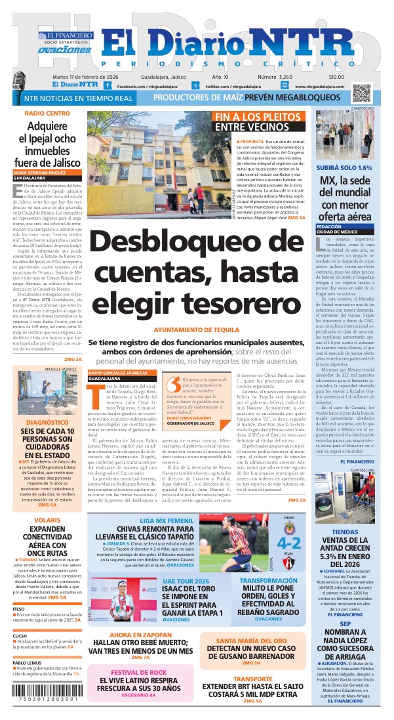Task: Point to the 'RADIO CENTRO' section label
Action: click(x=47, y=114)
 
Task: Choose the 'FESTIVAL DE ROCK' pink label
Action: click(x=138, y=673)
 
